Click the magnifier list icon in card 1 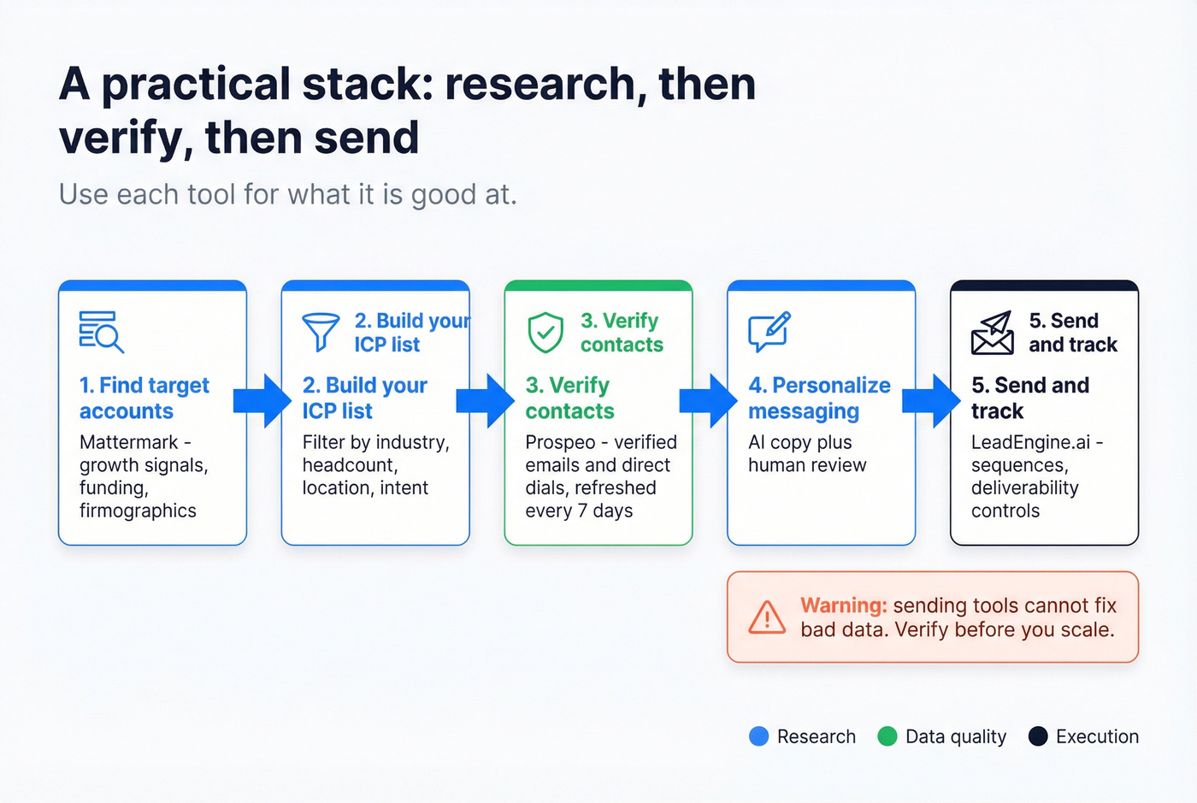click(x=101, y=332)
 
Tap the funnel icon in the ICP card click(x=321, y=332)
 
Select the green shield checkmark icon click(x=545, y=333)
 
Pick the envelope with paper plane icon click(x=992, y=333)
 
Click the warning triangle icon click(x=767, y=617)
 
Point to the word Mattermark click(x=129, y=442)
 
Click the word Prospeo click(x=560, y=442)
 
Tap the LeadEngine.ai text click(x=1030, y=442)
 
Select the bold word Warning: click(x=844, y=605)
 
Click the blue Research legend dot click(x=758, y=736)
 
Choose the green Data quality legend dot click(x=887, y=736)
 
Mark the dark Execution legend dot click(x=1038, y=736)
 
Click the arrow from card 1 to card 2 click(x=262, y=400)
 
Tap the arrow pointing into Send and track click(x=932, y=400)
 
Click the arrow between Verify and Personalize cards click(x=709, y=400)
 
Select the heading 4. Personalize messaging click(x=819, y=399)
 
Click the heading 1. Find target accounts click(x=144, y=399)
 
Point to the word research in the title click(x=540, y=85)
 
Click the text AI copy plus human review click(x=807, y=454)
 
